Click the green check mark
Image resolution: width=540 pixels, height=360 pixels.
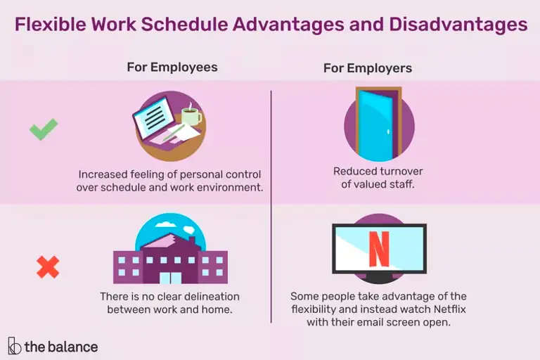click(x=43, y=129)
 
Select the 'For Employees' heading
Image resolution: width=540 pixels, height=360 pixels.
click(x=172, y=67)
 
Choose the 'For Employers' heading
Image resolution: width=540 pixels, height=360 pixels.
click(x=368, y=68)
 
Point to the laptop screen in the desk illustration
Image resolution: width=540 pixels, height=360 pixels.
click(x=160, y=116)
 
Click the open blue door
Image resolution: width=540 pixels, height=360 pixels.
click(x=377, y=124)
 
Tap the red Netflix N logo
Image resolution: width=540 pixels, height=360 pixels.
click(x=378, y=247)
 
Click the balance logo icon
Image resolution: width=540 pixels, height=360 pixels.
click(x=14, y=345)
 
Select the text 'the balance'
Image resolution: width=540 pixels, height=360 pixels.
click(x=61, y=346)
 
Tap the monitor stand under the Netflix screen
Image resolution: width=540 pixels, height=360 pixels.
click(x=378, y=279)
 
